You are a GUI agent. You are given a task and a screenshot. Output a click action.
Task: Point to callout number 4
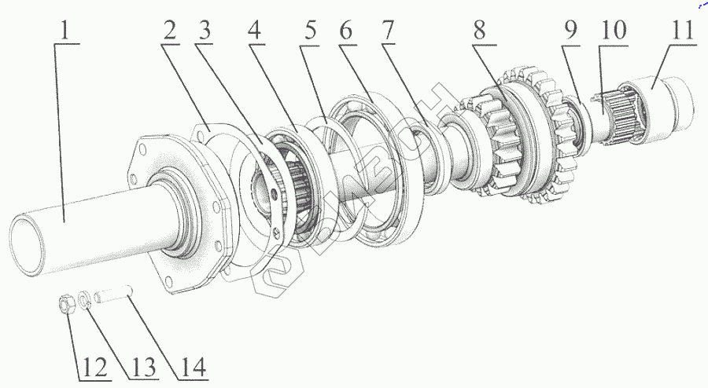pyautogui.click(x=253, y=33)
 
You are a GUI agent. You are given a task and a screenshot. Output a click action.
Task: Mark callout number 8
pyautogui.click(x=480, y=33)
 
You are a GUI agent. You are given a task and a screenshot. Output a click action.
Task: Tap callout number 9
pyautogui.click(x=571, y=33)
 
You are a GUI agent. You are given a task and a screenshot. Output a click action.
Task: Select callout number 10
pyautogui.click(x=613, y=33)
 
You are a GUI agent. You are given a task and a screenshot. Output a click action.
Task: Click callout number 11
pyautogui.click(x=681, y=33)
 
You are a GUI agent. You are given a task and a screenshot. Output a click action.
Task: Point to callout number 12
pyautogui.click(x=92, y=366)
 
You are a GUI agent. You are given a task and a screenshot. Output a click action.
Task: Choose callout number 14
pyautogui.click(x=192, y=366)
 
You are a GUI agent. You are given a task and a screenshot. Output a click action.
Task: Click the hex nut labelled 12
pyautogui.click(x=68, y=302)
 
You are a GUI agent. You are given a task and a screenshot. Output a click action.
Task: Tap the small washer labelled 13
pyautogui.click(x=85, y=300)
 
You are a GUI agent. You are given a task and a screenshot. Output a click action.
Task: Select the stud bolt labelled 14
pyautogui.click(x=115, y=297)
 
